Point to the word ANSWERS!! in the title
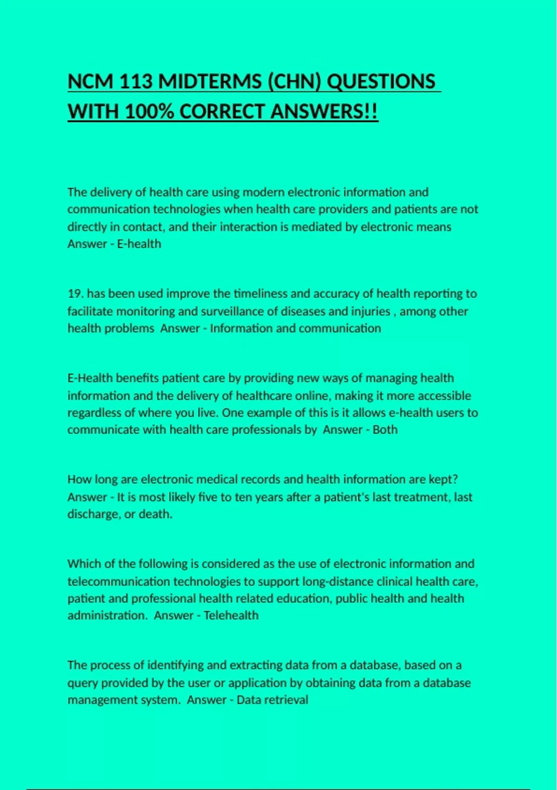324,112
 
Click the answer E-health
139,244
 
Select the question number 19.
76,294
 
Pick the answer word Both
385,430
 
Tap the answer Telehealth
231,616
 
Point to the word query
83,683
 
